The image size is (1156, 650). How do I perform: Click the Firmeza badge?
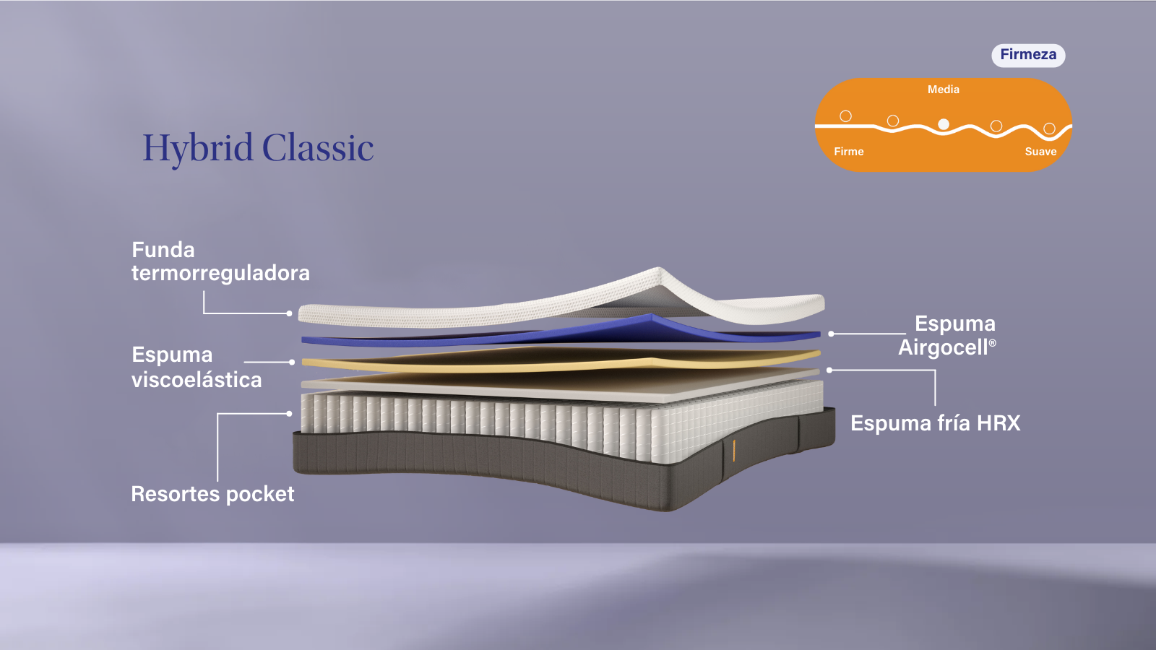tap(1028, 55)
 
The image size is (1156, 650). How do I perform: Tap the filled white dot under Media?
tap(944, 124)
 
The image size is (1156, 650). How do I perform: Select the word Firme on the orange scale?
tap(848, 152)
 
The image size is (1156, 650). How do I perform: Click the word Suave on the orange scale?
tap(1040, 152)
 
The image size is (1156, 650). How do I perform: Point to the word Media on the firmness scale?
tap(944, 90)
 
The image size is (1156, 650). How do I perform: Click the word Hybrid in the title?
tap(198, 149)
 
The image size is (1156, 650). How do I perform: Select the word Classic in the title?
tap(318, 147)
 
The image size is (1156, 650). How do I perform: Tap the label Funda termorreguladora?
tap(220, 261)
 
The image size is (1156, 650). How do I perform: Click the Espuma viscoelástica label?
tap(197, 367)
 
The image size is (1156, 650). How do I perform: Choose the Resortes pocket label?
tap(212, 494)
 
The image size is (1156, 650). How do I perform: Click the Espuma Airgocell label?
tap(947, 335)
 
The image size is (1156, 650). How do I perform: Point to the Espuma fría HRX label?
tap(935, 423)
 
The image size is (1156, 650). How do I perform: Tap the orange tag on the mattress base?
tap(733, 451)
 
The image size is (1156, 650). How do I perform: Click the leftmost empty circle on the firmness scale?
tap(845, 116)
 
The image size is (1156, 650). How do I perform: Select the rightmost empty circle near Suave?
tap(1049, 129)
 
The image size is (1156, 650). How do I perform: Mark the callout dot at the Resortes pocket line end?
tap(289, 414)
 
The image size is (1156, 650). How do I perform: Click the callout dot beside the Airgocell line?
tap(831, 334)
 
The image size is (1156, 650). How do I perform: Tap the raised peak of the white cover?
tap(658, 269)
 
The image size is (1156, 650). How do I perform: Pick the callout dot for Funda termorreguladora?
tap(289, 313)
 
